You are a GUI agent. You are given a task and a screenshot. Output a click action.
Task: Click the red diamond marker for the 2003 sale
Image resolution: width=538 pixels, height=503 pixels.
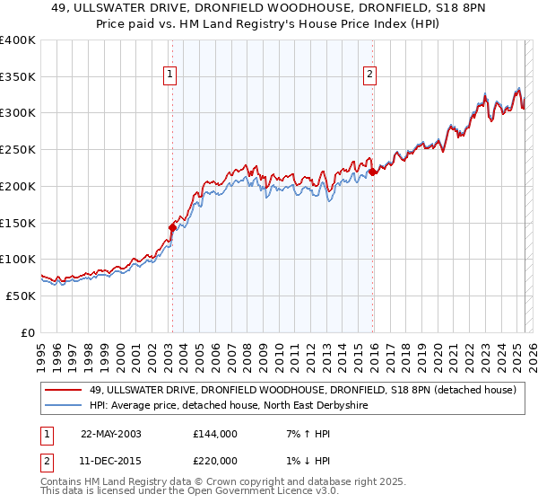click(172, 228)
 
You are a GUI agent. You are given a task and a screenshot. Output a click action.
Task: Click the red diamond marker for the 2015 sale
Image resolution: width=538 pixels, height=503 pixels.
click(372, 172)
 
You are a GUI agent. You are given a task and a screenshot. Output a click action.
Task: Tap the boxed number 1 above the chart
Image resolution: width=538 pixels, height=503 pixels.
click(170, 75)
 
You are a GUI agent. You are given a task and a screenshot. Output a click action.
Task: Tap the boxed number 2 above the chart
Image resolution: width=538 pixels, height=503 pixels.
click(370, 75)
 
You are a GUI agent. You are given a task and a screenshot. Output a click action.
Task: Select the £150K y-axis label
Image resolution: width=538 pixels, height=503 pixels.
click(18, 223)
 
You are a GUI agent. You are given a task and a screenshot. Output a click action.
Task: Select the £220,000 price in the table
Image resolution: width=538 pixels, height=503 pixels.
click(214, 460)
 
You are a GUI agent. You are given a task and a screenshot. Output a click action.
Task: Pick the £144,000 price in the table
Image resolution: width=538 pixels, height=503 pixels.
click(214, 434)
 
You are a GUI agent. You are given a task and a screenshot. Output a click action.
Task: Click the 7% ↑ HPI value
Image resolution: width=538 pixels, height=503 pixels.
click(306, 434)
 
